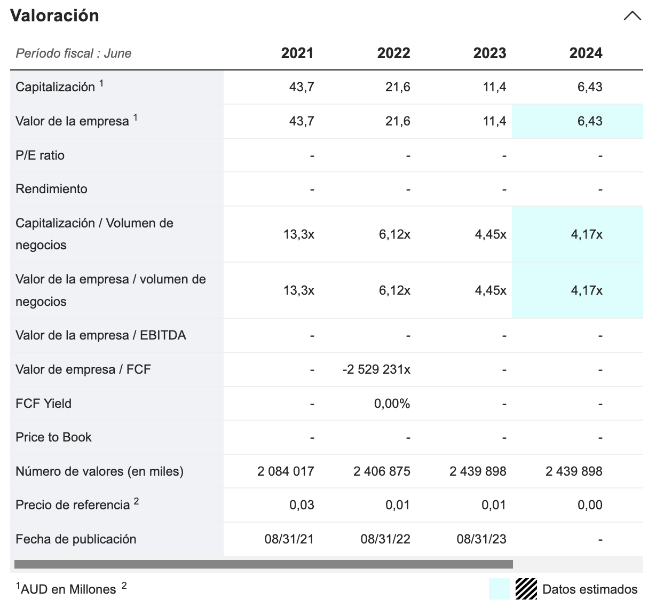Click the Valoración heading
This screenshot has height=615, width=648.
coord(54,15)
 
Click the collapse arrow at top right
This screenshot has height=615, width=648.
coord(632,16)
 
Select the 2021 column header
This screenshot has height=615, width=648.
coord(297,53)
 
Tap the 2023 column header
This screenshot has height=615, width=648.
coord(489,53)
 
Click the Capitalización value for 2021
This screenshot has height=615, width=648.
coord(302,87)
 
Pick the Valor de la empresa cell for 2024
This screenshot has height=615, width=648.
coord(589,121)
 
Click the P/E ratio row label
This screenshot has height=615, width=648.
coord(40,155)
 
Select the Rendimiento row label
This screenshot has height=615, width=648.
coord(51,189)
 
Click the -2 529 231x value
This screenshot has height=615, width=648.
coord(376,369)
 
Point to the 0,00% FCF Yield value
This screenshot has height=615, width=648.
coord(392,404)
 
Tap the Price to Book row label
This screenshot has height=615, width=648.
coord(53,437)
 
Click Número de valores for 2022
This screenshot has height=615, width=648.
coord(382,471)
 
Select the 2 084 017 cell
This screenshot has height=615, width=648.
coord(286,471)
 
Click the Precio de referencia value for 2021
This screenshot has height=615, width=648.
coord(302,505)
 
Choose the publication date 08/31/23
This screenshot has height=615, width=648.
coord(481,539)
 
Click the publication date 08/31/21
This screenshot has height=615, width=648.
coord(289,539)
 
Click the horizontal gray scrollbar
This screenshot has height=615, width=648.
coord(263,564)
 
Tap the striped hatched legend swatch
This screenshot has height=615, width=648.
coord(526,589)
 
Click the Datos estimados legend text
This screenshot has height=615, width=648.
coord(590,589)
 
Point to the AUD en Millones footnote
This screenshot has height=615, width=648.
coord(68,589)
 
